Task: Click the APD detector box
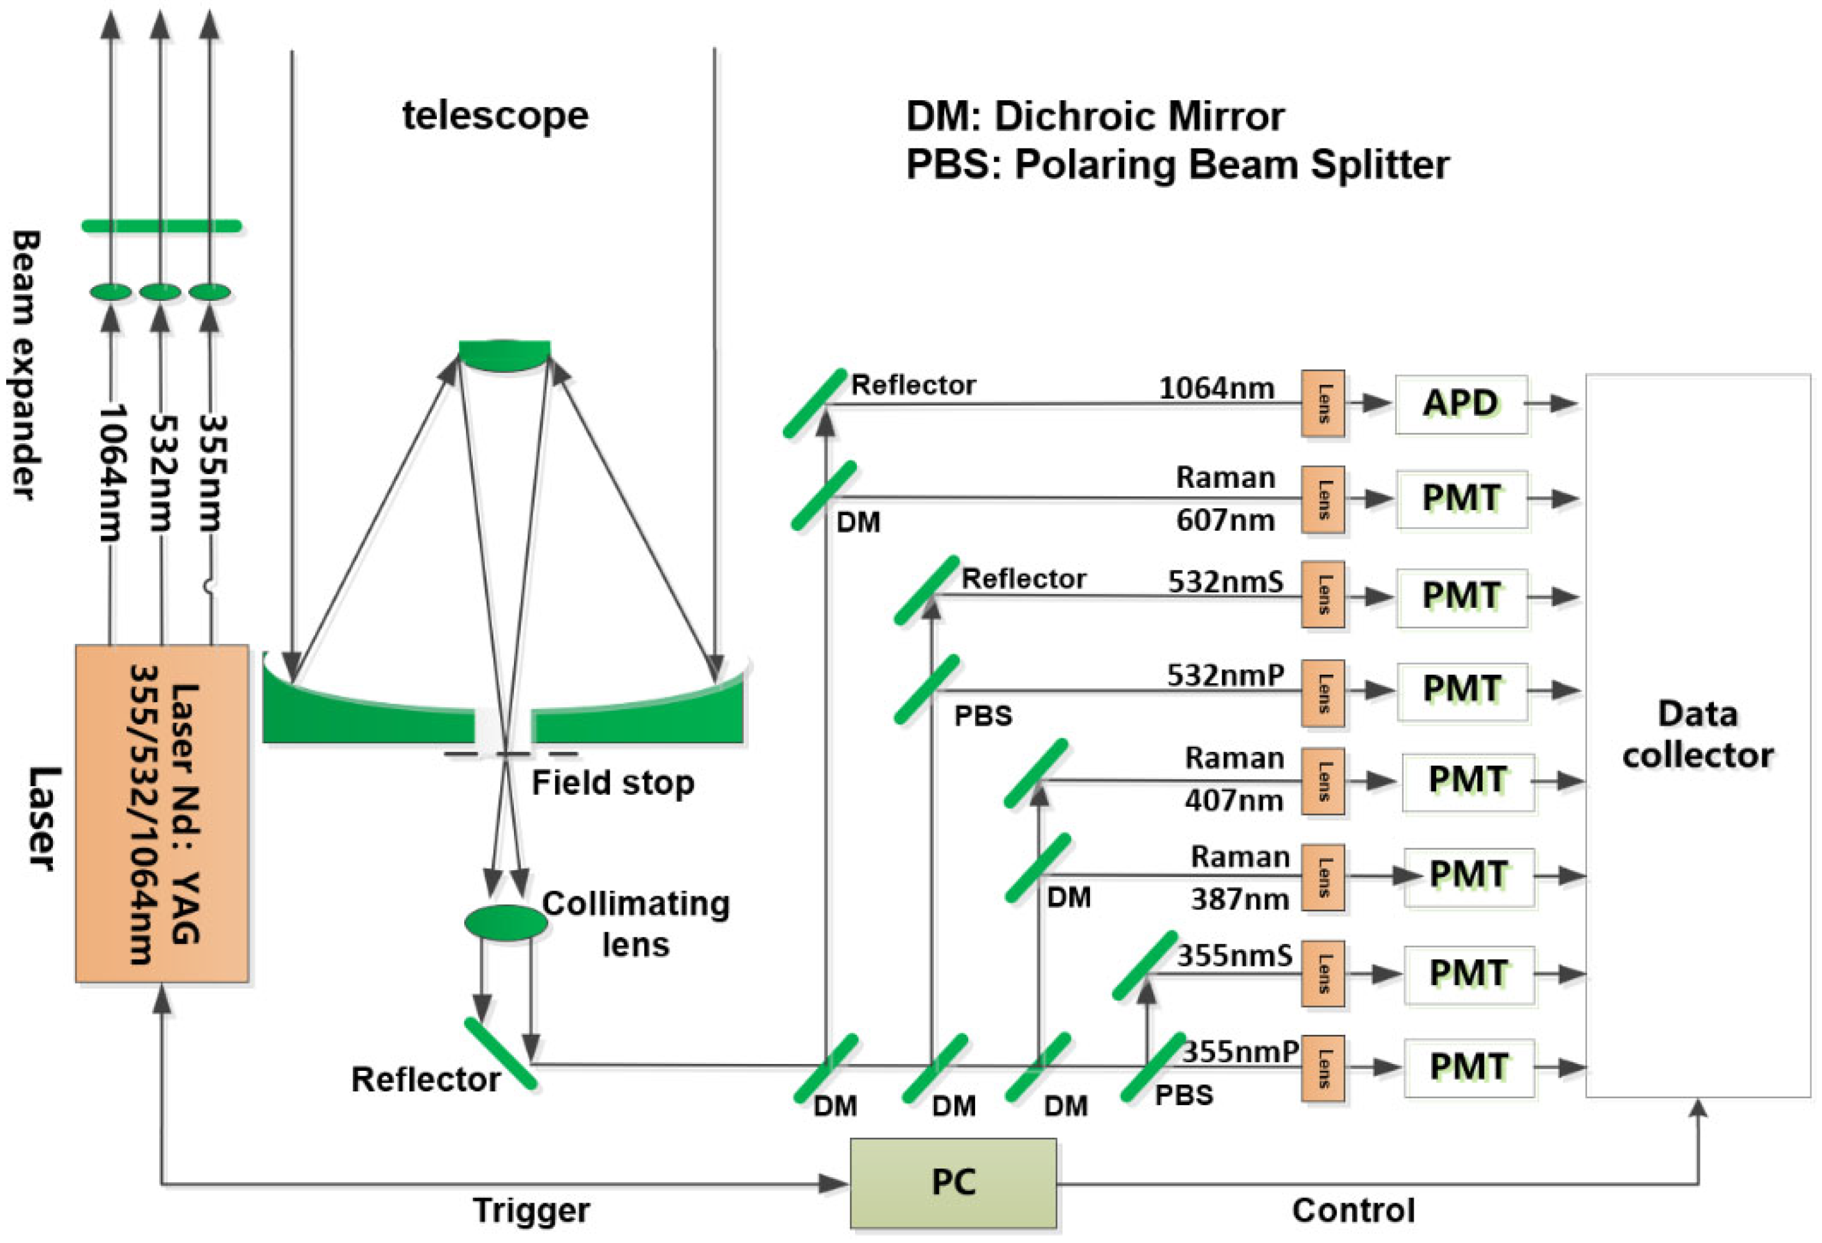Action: click(x=1460, y=404)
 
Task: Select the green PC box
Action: click(x=953, y=1183)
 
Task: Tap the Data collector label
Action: click(x=1697, y=735)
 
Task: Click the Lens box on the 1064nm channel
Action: click(x=1322, y=404)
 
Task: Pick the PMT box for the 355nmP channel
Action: click(x=1468, y=1067)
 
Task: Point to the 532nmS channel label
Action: click(x=1225, y=582)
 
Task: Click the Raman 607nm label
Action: click(x=1225, y=499)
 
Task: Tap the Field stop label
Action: click(x=612, y=782)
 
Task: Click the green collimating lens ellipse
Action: click(x=506, y=923)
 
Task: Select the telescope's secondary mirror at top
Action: click(x=504, y=354)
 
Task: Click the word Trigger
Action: click(x=531, y=1210)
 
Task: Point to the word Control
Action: click(x=1353, y=1210)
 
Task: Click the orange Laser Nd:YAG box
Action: click(x=162, y=814)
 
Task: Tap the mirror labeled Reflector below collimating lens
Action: click(x=500, y=1054)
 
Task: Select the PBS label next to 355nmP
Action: click(x=1184, y=1095)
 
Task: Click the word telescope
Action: click(x=495, y=115)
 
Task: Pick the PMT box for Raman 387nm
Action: click(x=1468, y=876)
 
